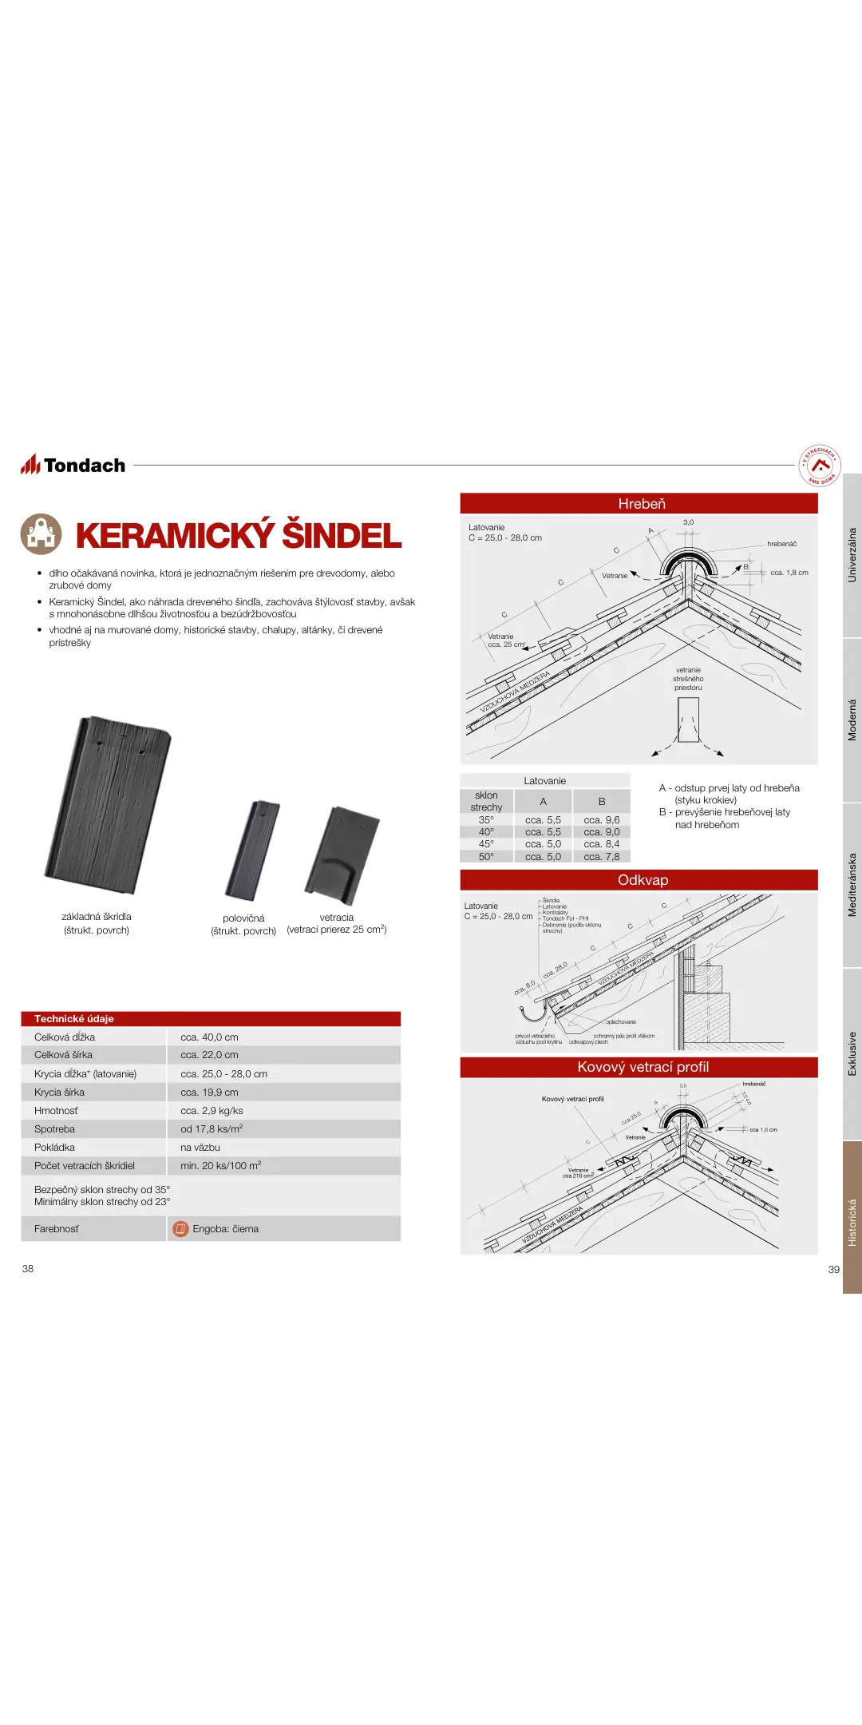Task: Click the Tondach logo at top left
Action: (x=73, y=465)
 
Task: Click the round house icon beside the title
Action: (x=41, y=534)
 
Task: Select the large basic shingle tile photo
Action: (x=108, y=804)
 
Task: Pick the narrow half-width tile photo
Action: (x=253, y=851)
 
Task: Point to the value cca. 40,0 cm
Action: (x=209, y=1037)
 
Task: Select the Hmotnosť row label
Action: (x=56, y=1111)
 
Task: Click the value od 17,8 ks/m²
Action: (x=212, y=1129)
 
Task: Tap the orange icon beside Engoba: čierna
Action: (x=180, y=1228)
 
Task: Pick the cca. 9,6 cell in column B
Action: (x=601, y=820)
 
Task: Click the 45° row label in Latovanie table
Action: (x=486, y=844)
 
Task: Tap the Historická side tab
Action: (x=852, y=1222)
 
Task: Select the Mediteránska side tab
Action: (x=852, y=885)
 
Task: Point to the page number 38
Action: (x=28, y=1269)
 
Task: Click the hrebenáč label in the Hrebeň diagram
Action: (x=781, y=544)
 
